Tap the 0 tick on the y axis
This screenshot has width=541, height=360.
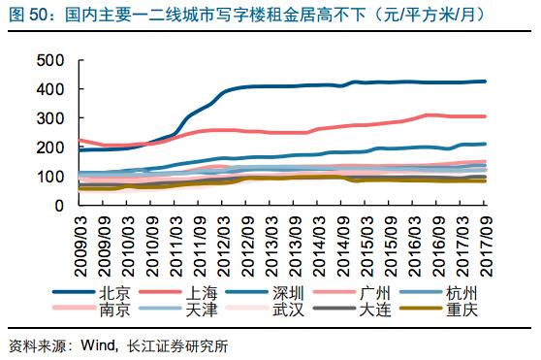click(58, 206)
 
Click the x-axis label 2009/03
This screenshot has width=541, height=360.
click(83, 243)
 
